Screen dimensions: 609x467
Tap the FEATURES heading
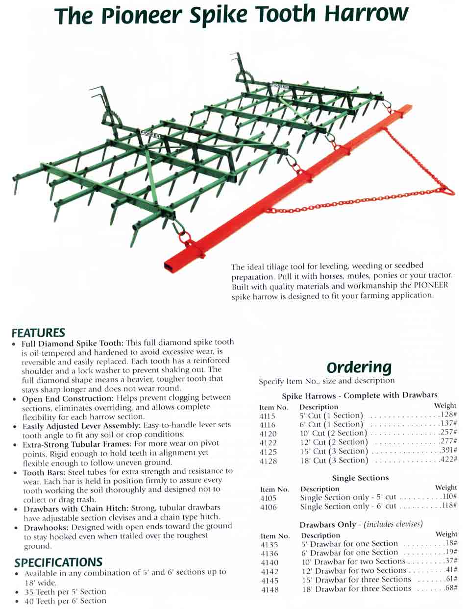(38, 333)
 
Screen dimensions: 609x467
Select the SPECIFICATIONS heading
(58, 562)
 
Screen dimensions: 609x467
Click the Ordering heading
(359, 367)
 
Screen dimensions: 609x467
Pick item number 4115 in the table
(267, 416)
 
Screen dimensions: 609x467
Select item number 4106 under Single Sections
(268, 507)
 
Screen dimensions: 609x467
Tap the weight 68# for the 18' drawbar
(450, 588)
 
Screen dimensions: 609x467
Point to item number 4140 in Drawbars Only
(270, 562)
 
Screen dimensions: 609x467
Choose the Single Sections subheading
(360, 478)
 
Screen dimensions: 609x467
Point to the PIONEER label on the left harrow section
(149, 134)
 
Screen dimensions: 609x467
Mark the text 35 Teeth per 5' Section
(65, 591)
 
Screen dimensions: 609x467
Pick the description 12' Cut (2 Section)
(334, 442)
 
